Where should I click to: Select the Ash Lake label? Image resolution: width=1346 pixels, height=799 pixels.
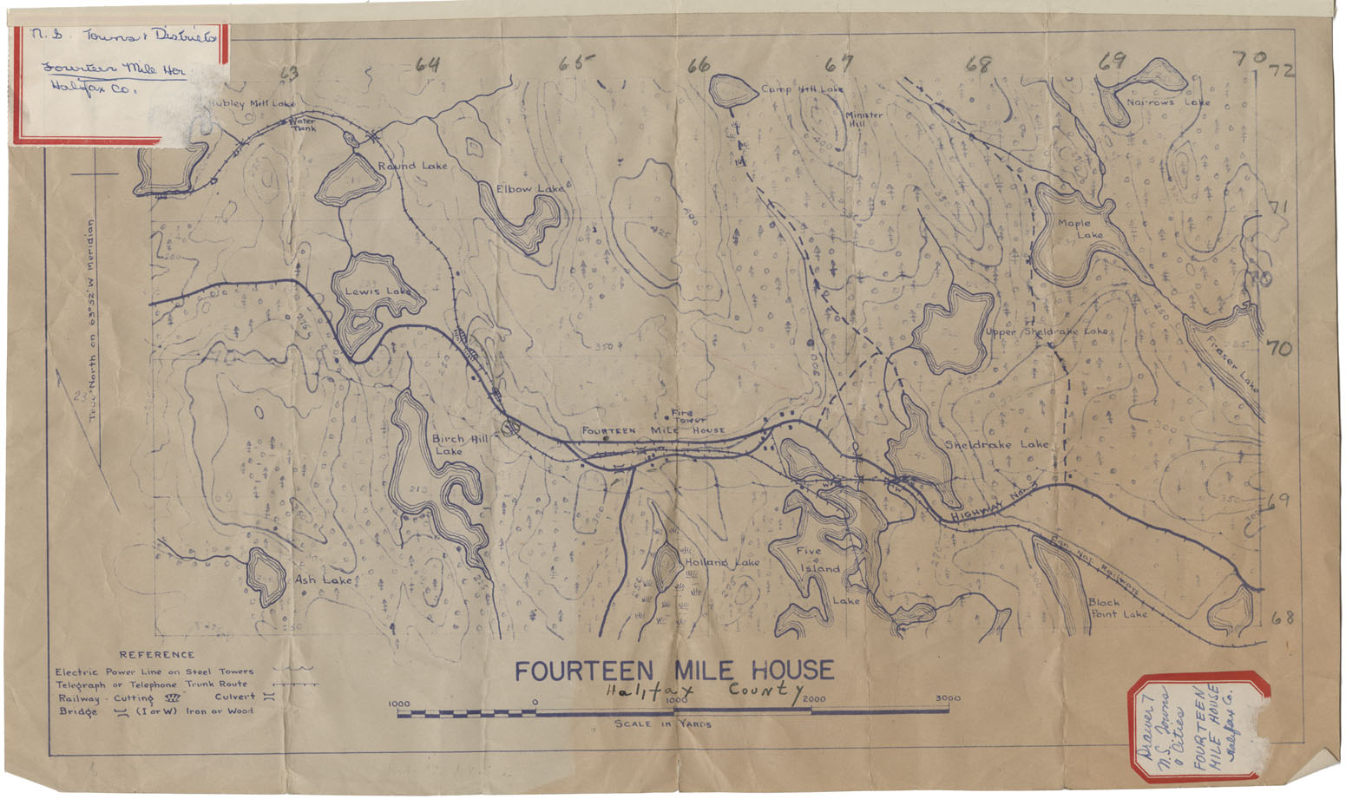323,580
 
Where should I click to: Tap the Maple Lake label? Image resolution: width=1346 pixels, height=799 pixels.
1079,229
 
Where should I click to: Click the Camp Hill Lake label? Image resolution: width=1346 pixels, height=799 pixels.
802,89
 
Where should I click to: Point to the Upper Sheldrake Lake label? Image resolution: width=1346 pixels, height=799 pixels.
1047,331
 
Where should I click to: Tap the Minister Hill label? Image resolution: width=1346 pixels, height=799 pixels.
863,119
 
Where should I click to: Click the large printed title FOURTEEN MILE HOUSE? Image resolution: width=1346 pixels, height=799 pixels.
674,671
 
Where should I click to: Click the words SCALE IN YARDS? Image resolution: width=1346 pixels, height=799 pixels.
663,724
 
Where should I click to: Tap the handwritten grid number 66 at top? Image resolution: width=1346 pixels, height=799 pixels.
699,64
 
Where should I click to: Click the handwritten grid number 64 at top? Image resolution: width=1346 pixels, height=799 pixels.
427,64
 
